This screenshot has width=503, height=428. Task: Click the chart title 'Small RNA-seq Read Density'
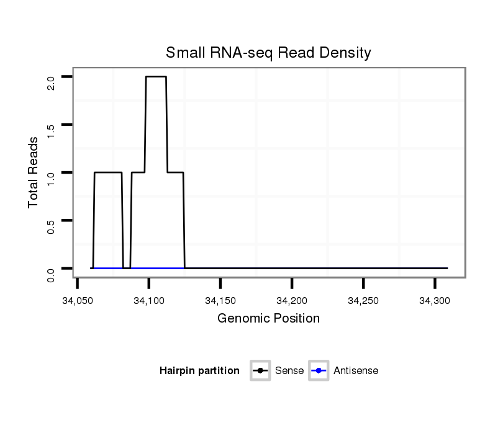(268, 53)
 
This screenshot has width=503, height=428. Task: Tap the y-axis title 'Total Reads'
(34, 172)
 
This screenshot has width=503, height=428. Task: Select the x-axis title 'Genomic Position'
(268, 319)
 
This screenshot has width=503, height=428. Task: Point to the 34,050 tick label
(77, 301)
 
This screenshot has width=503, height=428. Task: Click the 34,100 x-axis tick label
(148, 301)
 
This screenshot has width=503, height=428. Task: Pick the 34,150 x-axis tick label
(220, 301)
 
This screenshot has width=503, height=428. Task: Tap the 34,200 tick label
(292, 301)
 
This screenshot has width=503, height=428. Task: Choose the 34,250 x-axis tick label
(363, 301)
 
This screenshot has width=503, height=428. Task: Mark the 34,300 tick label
(435, 301)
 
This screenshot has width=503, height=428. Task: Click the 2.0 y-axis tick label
(50, 82)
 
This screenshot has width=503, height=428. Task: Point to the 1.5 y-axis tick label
(50, 130)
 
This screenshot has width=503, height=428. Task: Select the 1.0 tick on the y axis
(50, 178)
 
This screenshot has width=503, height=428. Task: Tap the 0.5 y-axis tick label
(50, 226)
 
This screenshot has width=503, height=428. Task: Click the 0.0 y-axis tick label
(50, 274)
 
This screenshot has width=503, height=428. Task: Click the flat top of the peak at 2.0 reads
(156, 77)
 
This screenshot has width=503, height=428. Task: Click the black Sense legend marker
(260, 371)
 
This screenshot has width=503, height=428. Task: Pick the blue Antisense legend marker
(319, 371)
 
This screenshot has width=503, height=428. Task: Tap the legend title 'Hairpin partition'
(199, 371)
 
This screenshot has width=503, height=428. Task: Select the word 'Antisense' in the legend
(356, 371)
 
